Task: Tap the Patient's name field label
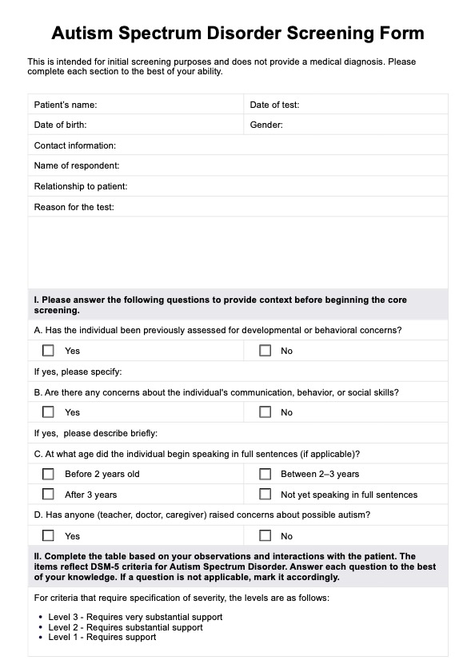click(x=66, y=105)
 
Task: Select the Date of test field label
click(x=274, y=105)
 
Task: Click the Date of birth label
click(x=60, y=125)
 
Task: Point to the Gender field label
click(x=266, y=125)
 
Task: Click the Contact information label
click(x=74, y=145)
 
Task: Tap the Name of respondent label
click(x=76, y=165)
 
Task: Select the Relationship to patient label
click(x=80, y=186)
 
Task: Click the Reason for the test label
click(x=74, y=207)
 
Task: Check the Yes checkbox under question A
click(x=49, y=350)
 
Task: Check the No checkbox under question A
click(x=265, y=350)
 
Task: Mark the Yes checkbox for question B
click(x=49, y=412)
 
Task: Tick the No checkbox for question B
click(x=265, y=412)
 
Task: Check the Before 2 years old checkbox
click(x=49, y=474)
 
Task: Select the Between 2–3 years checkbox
click(x=265, y=474)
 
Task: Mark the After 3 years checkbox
click(x=49, y=495)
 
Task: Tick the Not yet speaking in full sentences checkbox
click(x=265, y=495)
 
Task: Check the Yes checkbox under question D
click(x=49, y=536)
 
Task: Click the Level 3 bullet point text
click(x=134, y=617)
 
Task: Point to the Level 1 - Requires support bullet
click(x=102, y=637)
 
